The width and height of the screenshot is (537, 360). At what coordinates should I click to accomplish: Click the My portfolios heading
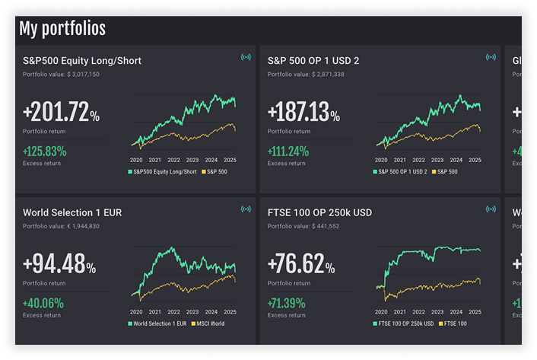(62, 29)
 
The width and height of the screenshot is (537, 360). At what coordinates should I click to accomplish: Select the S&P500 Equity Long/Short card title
(82, 61)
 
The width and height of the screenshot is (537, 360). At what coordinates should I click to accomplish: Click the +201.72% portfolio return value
(61, 115)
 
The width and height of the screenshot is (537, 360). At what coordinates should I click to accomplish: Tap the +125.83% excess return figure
(45, 151)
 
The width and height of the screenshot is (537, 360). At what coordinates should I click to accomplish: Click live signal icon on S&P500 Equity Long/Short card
(245, 57)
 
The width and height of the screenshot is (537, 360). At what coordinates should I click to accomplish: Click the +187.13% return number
(303, 115)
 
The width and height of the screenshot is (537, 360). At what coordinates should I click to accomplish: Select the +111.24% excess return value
(288, 151)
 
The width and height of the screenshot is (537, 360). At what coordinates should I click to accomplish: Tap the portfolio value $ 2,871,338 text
(306, 75)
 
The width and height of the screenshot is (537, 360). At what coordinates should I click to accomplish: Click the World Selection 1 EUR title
(72, 212)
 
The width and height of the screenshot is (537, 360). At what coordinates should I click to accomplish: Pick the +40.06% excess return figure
(43, 303)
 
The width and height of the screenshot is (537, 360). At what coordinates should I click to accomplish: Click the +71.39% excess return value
(288, 303)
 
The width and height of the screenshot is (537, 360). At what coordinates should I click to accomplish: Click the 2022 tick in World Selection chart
(173, 312)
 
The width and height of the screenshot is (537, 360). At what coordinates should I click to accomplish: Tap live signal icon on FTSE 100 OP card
(490, 209)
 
